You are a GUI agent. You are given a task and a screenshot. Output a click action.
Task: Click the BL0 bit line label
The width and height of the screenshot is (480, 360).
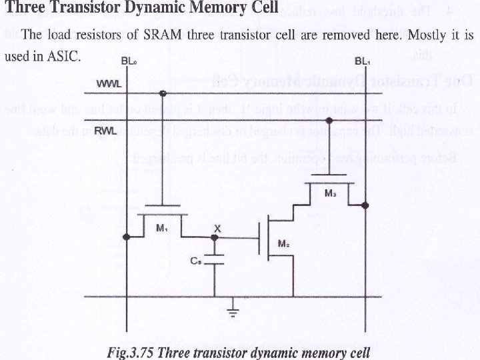128,61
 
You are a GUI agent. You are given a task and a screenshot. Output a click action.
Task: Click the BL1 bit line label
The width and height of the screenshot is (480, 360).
363,61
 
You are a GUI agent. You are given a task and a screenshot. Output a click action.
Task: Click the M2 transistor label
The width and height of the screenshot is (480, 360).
283,245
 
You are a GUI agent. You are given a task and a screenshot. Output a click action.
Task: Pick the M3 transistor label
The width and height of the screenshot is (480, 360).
330,193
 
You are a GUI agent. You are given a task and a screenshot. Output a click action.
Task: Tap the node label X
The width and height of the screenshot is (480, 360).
216,228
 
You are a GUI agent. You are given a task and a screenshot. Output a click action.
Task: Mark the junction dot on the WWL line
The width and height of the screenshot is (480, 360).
163,93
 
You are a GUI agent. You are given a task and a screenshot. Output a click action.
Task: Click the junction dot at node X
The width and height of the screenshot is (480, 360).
215,237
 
